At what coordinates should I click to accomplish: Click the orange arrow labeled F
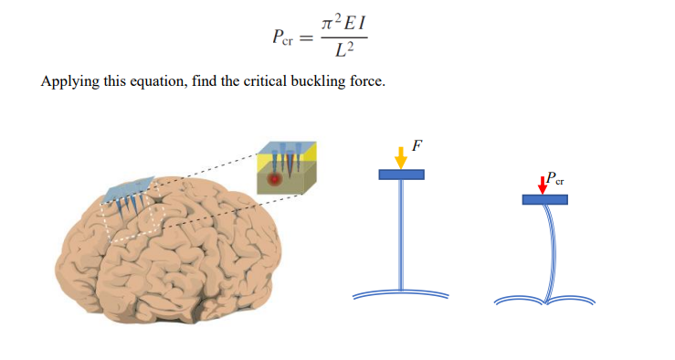pos(400,156)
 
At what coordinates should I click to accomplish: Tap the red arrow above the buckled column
pos(543,184)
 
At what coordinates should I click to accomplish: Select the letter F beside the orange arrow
pos(417,145)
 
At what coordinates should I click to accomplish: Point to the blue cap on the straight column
pos(401,175)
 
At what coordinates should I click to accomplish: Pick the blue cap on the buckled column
pos(544,199)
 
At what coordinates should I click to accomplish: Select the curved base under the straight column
pos(401,294)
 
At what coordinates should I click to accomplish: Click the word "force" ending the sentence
pos(363,81)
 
